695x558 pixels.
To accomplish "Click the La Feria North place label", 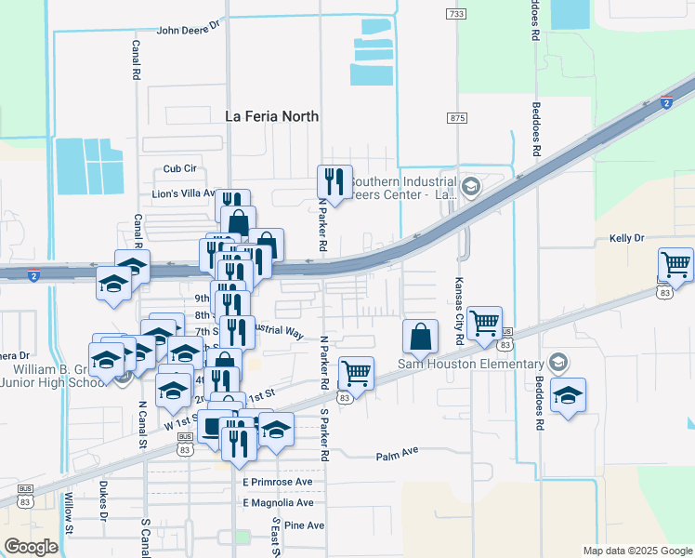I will coord(272,116).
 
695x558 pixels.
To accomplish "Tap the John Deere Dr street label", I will coord(190,29).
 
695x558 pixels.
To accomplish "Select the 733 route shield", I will coord(455,14).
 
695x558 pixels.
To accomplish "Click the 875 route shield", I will coord(455,117).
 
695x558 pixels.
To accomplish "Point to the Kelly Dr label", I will coord(626,239).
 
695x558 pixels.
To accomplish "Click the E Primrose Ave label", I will coord(278,483).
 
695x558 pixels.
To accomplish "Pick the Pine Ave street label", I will coord(304,525).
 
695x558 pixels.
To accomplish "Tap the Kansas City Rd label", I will coord(458,311).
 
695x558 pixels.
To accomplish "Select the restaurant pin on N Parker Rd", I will coord(334,182).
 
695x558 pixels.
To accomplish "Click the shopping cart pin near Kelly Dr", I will coord(675,264).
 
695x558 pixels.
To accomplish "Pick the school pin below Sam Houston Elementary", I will coord(568,395).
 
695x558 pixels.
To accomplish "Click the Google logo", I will coord(31,546).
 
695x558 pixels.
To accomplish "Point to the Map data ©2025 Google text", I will coord(636,551).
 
